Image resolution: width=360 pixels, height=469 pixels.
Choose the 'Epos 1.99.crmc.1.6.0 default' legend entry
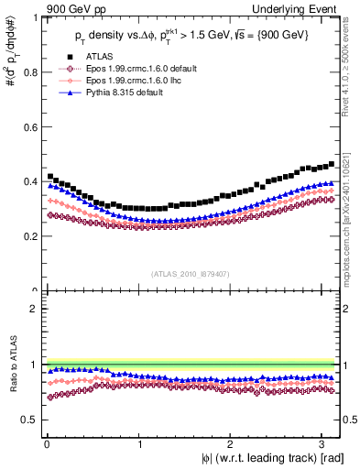click(x=134, y=69)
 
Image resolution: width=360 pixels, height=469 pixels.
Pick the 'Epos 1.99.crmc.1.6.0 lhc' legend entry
click(x=127, y=81)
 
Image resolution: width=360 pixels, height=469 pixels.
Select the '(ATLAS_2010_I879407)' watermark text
click(x=191, y=274)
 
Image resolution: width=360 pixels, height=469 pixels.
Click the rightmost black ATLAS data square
click(x=331, y=164)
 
